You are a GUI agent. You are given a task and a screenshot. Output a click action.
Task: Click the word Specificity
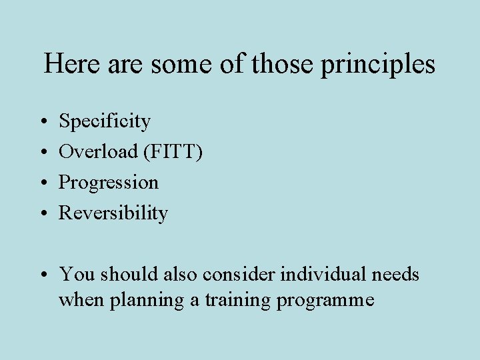105,121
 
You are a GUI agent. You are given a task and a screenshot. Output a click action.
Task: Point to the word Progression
109,183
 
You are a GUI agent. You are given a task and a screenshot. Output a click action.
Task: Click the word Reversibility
113,213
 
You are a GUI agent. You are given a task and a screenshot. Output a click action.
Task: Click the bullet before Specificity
43,122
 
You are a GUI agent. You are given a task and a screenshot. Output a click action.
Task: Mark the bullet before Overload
43,153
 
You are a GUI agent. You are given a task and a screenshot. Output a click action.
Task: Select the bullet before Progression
43,183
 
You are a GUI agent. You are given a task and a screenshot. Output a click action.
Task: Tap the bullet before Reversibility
43,214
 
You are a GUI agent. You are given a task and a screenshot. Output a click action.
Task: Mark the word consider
241,274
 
